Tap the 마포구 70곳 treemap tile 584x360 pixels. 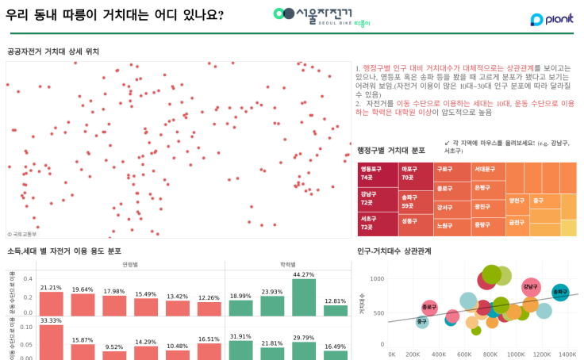coord(416,174)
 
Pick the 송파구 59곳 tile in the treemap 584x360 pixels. coord(416,201)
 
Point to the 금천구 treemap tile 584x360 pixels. coord(517,224)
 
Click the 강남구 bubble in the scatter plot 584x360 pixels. coord(530,287)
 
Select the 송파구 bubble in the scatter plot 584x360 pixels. coord(560,292)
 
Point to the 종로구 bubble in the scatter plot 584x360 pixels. coord(429,307)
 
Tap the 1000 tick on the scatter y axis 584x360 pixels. coord(376,279)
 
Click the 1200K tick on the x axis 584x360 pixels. coord(542,354)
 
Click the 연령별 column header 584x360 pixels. coord(130,264)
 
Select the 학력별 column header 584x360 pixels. coord(288,264)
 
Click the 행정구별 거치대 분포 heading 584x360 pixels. coord(391,151)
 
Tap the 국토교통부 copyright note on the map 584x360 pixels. coord(22,234)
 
